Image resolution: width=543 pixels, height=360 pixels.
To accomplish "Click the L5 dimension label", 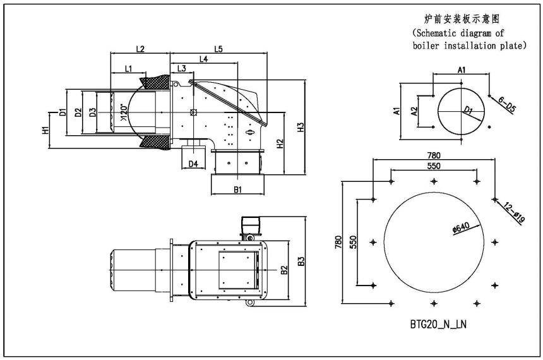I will pyautogui.click(x=218, y=48).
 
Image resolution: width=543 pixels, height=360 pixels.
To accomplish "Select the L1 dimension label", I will pyautogui.click(x=128, y=68).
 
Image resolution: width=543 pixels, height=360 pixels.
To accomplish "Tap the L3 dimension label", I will pyautogui.click(x=181, y=68).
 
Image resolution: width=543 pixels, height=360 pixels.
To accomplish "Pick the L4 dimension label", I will pyautogui.click(x=204, y=58).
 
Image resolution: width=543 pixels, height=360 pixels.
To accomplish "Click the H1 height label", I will pyautogui.click(x=45, y=131).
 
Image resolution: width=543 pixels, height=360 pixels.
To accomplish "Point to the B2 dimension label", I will pyautogui.click(x=284, y=270).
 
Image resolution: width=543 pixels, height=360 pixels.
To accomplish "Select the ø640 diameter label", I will pyautogui.click(x=462, y=229).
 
